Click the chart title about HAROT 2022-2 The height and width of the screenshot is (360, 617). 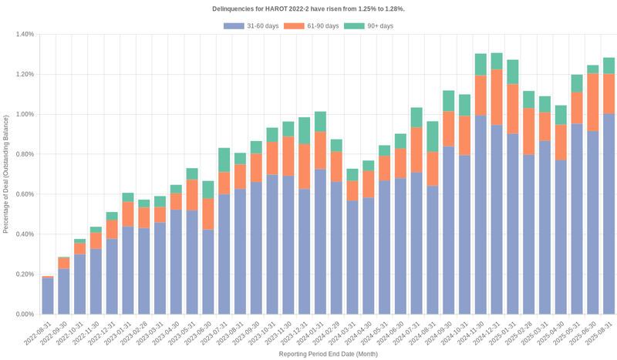tap(308, 8)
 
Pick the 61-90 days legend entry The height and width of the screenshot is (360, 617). tap(312, 26)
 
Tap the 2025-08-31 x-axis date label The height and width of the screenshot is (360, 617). tap(600, 333)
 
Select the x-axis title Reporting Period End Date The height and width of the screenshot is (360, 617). tap(328, 354)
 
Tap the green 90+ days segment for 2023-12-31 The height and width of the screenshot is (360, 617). tap(305, 131)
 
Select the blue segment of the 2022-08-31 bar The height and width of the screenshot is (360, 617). tap(48, 296)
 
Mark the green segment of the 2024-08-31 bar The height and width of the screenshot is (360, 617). tap(433, 136)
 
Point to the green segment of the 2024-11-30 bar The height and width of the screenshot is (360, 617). tap(480, 65)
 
